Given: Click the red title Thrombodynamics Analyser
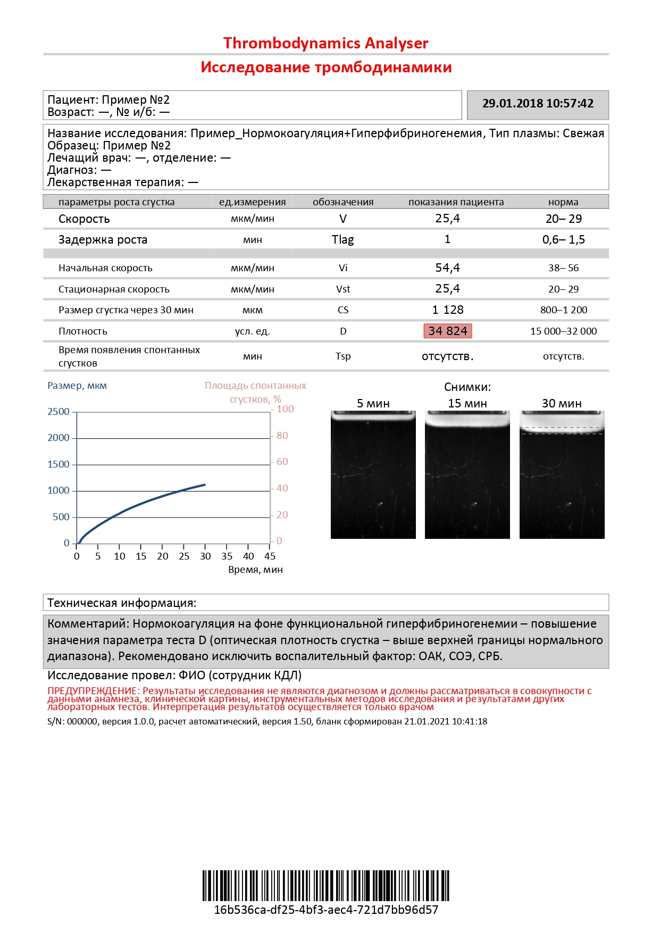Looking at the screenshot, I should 325,43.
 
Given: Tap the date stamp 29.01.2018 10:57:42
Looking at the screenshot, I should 538,104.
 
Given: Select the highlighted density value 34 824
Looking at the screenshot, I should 447,331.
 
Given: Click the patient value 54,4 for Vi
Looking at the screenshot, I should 447,268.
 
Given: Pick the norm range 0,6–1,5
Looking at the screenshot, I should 563,239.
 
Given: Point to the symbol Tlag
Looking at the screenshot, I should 342,239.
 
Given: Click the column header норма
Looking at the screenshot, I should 563,202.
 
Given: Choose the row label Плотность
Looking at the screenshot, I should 83,331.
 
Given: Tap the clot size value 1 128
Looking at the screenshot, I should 447,310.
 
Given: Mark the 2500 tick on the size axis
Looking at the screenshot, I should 59,412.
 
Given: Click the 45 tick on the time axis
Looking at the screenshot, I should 270,556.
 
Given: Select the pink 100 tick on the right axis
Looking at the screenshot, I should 285,409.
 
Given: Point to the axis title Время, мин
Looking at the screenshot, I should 255,570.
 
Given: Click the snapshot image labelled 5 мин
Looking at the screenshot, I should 373,474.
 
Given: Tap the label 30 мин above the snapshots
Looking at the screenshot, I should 562,403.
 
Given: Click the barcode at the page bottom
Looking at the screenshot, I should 325,886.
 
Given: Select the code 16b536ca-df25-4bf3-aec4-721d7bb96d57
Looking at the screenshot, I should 325,910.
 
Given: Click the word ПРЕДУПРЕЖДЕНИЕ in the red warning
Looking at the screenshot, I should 93,691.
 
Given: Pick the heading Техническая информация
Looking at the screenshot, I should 122,603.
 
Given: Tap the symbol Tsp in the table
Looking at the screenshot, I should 343,356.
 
